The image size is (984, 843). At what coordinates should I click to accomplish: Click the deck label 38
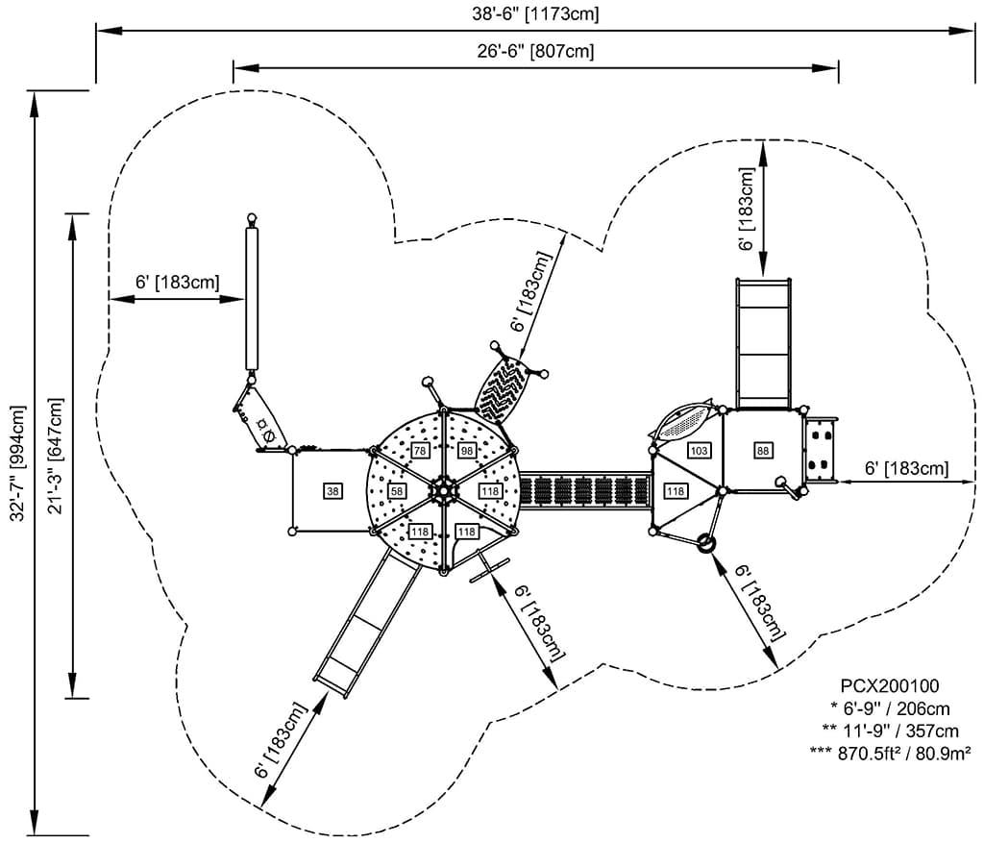coord(333,491)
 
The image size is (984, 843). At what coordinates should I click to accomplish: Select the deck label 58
coord(397,491)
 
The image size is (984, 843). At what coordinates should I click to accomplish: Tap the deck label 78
coord(419,451)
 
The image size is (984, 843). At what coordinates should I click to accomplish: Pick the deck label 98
coord(467,451)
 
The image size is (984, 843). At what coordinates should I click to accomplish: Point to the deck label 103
coord(699,451)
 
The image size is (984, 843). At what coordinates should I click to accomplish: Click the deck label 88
coord(763,451)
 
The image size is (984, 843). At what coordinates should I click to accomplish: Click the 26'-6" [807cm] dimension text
coord(534,52)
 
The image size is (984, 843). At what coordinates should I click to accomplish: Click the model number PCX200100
coord(889,686)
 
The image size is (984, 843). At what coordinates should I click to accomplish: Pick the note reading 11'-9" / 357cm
coord(889,731)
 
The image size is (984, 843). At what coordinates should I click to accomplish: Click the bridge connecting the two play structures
coord(586,490)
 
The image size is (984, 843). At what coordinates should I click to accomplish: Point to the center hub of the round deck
coord(444,490)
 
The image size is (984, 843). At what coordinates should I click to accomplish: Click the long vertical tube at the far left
coord(253,298)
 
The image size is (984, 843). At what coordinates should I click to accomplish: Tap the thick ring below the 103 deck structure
coord(706,543)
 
